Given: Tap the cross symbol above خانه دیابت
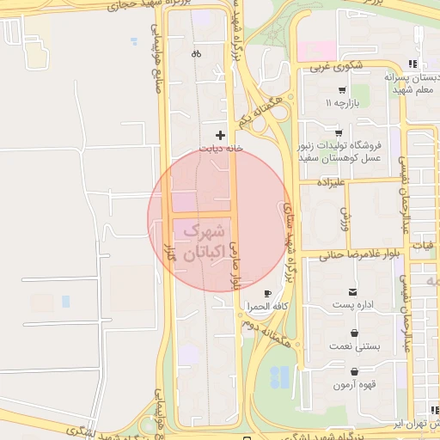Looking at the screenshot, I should (x=221, y=135).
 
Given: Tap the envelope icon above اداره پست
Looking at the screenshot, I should (x=354, y=293).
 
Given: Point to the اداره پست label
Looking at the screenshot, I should (x=354, y=306).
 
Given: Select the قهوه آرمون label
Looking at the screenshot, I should (x=351, y=384).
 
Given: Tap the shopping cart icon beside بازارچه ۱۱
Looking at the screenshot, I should (x=342, y=90).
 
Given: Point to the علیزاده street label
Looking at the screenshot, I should (x=330, y=183).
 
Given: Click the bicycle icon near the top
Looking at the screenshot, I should (x=196, y=53).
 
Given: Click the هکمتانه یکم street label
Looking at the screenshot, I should (x=261, y=110).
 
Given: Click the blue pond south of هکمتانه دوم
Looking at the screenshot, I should (x=279, y=376).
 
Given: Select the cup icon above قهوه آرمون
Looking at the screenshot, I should (x=354, y=371).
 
